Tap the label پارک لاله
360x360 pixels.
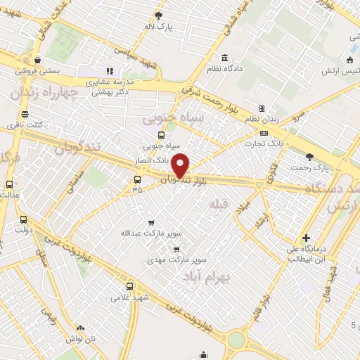pos(158,26)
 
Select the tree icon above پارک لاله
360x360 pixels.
pos(158,15)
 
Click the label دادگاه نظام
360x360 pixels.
pos(224,70)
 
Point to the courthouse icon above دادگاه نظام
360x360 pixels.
pos(224,58)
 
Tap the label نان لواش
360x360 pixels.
pos(80,338)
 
